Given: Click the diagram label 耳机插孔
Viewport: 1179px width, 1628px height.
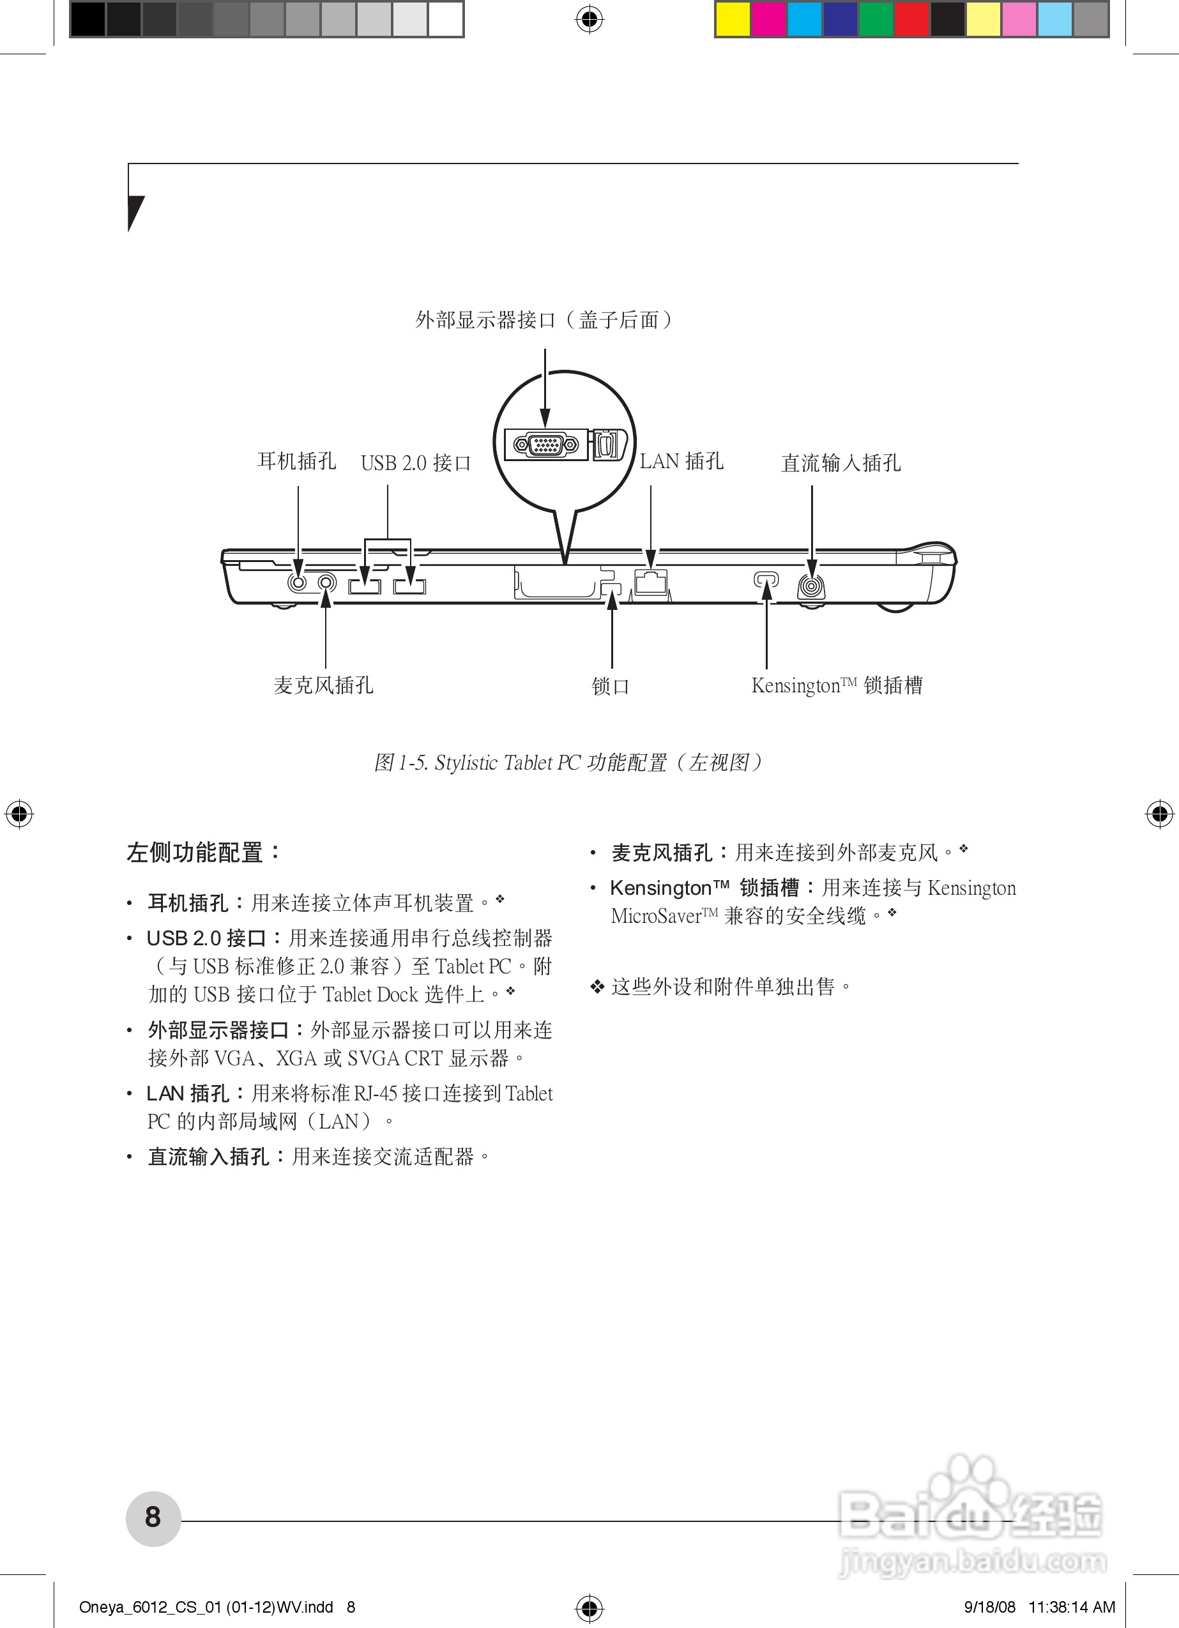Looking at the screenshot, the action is click(x=296, y=461).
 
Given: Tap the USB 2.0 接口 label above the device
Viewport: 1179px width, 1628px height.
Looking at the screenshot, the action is click(x=416, y=463).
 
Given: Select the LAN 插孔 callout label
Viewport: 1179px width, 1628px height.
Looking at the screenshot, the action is click(x=681, y=461).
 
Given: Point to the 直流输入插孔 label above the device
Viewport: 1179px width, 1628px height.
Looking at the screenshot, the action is click(x=841, y=463).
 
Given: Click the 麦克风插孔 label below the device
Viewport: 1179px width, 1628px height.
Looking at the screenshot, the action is click(x=323, y=685).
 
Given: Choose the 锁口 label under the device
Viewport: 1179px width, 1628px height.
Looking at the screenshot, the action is click(x=611, y=686).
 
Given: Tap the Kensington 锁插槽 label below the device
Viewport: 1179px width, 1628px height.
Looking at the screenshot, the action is click(x=837, y=685).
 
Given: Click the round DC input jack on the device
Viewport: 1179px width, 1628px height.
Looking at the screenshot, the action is click(x=811, y=587).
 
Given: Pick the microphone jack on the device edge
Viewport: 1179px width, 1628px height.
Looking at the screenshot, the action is click(x=327, y=581).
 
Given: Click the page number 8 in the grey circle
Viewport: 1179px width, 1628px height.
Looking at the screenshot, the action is click(x=153, y=1518).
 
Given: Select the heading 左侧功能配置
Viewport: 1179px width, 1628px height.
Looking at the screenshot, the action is click(x=204, y=852).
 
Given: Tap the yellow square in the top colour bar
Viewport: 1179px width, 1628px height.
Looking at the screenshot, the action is click(x=733, y=19).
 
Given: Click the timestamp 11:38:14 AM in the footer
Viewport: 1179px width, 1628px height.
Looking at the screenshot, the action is click(x=1072, y=1607).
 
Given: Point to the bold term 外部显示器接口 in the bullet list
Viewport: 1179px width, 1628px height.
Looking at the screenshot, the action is click(x=219, y=1030).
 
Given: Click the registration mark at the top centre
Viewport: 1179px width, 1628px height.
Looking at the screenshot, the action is click(x=589, y=19).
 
